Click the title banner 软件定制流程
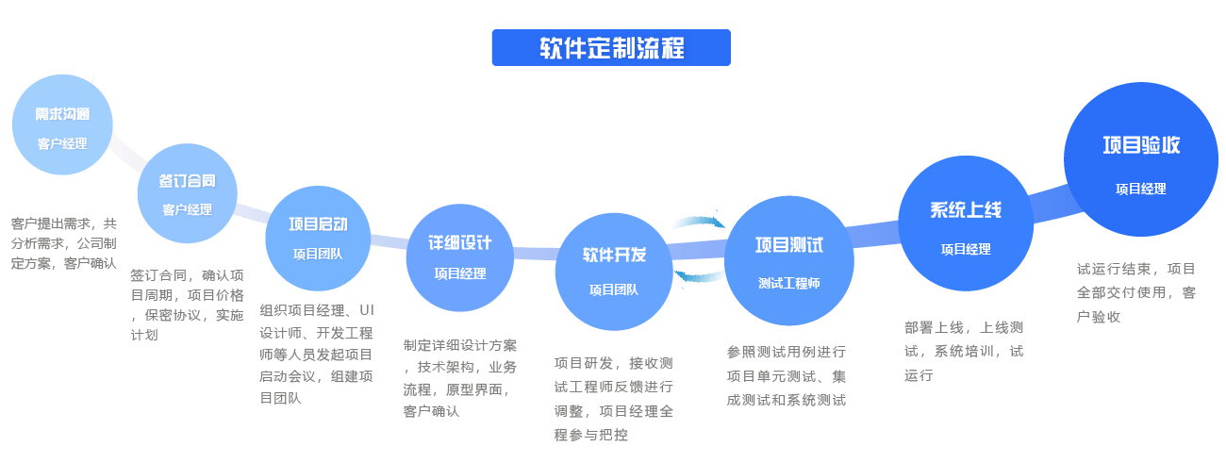click(x=611, y=47)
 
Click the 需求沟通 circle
click(x=62, y=127)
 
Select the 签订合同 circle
click(x=187, y=193)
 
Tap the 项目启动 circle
click(x=318, y=238)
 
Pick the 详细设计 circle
click(x=460, y=256)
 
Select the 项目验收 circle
click(x=1140, y=160)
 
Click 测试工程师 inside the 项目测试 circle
click(x=789, y=283)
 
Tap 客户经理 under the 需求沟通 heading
click(x=62, y=144)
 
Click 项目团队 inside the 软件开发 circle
click(x=613, y=289)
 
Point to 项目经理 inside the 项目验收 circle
click(x=1140, y=189)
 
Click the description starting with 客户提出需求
click(x=64, y=243)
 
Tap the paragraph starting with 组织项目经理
click(x=317, y=354)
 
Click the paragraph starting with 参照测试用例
click(x=787, y=375)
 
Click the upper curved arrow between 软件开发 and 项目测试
click(x=698, y=223)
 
